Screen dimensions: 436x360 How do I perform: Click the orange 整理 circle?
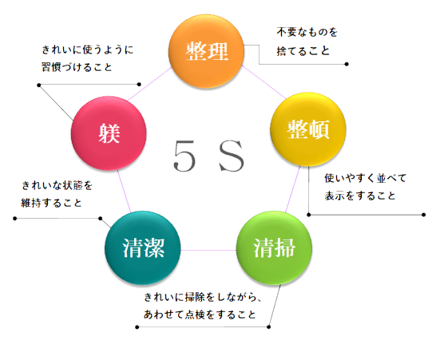pos(206,51)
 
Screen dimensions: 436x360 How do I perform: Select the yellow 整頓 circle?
pos(308,129)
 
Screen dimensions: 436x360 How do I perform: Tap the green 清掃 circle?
pos(274,247)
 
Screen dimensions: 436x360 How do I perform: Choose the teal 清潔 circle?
pos(143,247)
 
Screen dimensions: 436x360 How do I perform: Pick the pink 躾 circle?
pos(109,133)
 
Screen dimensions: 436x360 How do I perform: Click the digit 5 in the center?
pos(184,156)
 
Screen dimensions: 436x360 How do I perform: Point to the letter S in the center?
pos(232,156)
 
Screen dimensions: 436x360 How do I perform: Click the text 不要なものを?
pos(307,32)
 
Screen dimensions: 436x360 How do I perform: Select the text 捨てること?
pos(303,51)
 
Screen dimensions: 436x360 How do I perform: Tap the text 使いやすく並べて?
pos(366,178)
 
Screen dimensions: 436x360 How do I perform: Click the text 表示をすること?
pos(360,196)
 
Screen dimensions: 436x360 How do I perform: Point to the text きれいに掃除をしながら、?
pos(203,297)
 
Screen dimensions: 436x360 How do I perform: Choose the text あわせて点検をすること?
pos(200,315)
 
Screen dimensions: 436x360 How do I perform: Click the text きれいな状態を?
pos(57,185)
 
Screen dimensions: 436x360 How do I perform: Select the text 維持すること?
pos(51,203)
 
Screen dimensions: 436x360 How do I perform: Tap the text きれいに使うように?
pos(88,49)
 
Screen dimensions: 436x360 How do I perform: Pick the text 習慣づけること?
pos(77,67)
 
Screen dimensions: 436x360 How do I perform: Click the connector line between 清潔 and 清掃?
pos(208,250)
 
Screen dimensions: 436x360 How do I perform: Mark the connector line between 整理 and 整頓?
pos(264,81)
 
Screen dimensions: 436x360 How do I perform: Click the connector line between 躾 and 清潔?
pos(124,191)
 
